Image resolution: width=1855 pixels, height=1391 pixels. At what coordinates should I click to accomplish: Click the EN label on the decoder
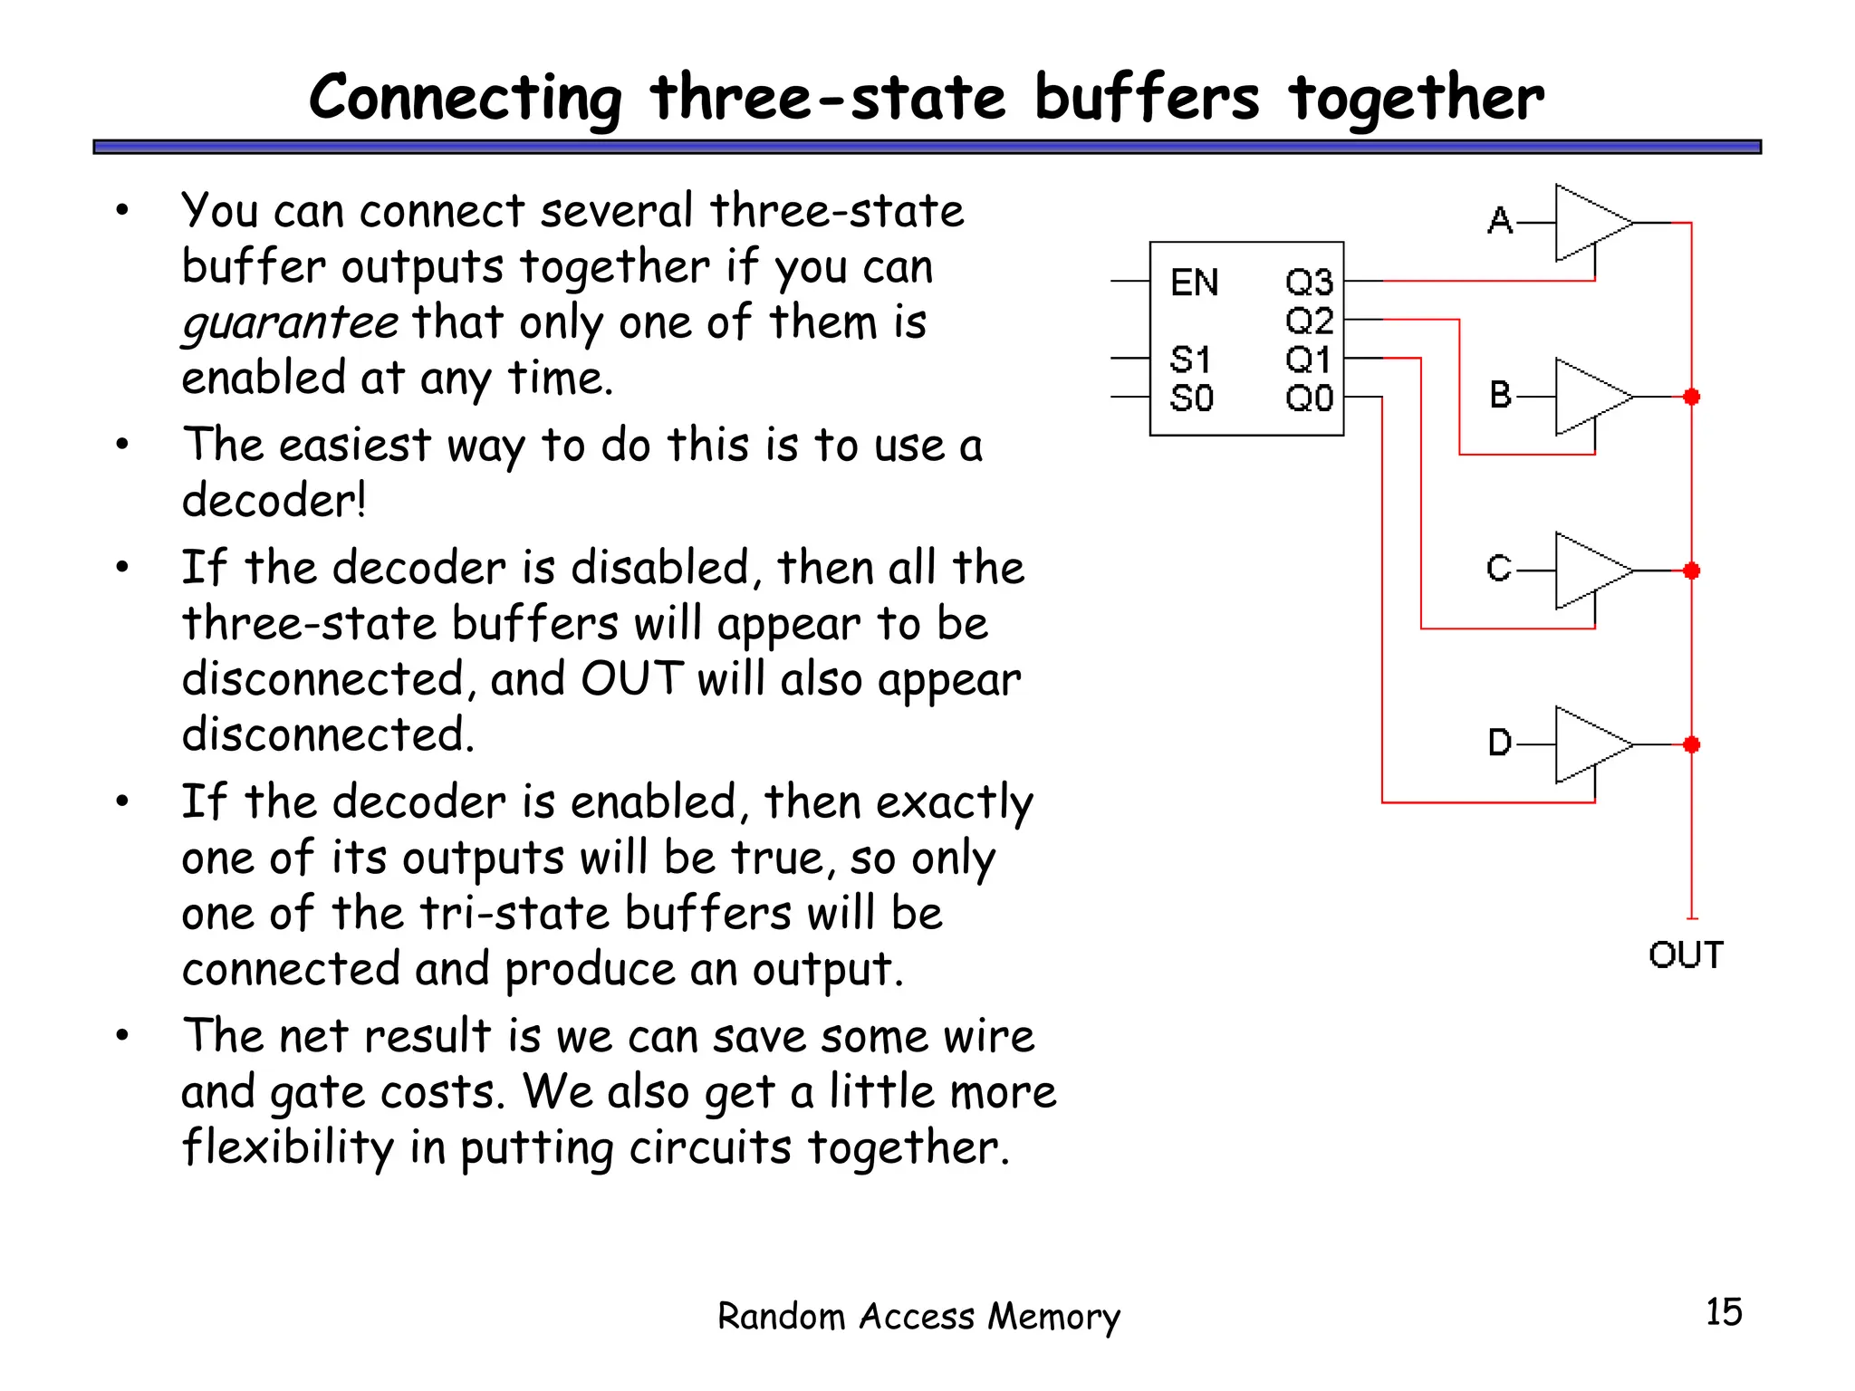[1194, 283]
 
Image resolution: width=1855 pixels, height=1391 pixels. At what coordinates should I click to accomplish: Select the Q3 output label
[1309, 283]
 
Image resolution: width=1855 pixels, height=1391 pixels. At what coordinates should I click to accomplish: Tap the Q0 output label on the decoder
[1309, 398]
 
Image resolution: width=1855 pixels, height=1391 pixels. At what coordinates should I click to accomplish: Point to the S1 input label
[1190, 360]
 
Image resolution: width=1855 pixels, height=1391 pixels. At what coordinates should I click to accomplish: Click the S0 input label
[1191, 398]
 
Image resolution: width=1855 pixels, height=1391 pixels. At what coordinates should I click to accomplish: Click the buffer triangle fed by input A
[1590, 223]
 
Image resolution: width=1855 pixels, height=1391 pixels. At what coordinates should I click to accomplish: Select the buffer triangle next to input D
[1590, 744]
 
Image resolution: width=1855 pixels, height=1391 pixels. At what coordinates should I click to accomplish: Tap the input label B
[1500, 395]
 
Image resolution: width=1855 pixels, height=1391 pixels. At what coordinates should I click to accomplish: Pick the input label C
[1499, 569]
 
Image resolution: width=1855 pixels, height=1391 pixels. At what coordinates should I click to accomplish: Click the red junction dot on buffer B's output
[1691, 397]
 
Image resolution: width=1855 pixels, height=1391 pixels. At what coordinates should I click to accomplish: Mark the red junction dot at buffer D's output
[1691, 744]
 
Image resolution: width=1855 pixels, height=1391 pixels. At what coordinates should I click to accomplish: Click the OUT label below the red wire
[1686, 955]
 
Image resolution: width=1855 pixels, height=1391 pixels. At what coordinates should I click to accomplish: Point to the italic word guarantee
[290, 323]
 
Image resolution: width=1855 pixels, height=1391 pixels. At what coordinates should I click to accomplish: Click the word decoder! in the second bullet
[274, 501]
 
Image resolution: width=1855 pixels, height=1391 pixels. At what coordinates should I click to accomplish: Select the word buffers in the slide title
[1147, 98]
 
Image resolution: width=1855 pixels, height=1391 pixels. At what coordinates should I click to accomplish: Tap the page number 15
[1723, 1312]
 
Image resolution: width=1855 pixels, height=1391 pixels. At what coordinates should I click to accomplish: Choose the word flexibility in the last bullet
[287, 1147]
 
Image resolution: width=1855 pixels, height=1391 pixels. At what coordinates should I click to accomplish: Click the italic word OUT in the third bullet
[632, 679]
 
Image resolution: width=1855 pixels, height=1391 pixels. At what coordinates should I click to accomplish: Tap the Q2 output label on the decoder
[1309, 321]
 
